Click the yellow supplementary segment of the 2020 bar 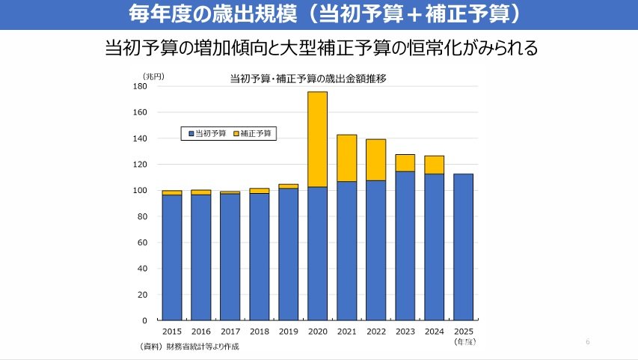point(317,139)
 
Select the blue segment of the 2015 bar point(172,257)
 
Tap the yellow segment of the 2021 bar point(346,158)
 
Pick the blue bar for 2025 point(463,247)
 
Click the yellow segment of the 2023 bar point(405,163)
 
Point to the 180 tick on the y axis point(141,87)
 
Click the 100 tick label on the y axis point(141,191)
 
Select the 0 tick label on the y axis point(144,320)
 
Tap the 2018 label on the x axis point(259,331)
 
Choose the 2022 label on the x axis point(375,331)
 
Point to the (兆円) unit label point(153,76)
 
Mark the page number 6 point(588,342)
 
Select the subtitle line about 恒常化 point(322,49)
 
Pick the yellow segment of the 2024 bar point(434,165)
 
